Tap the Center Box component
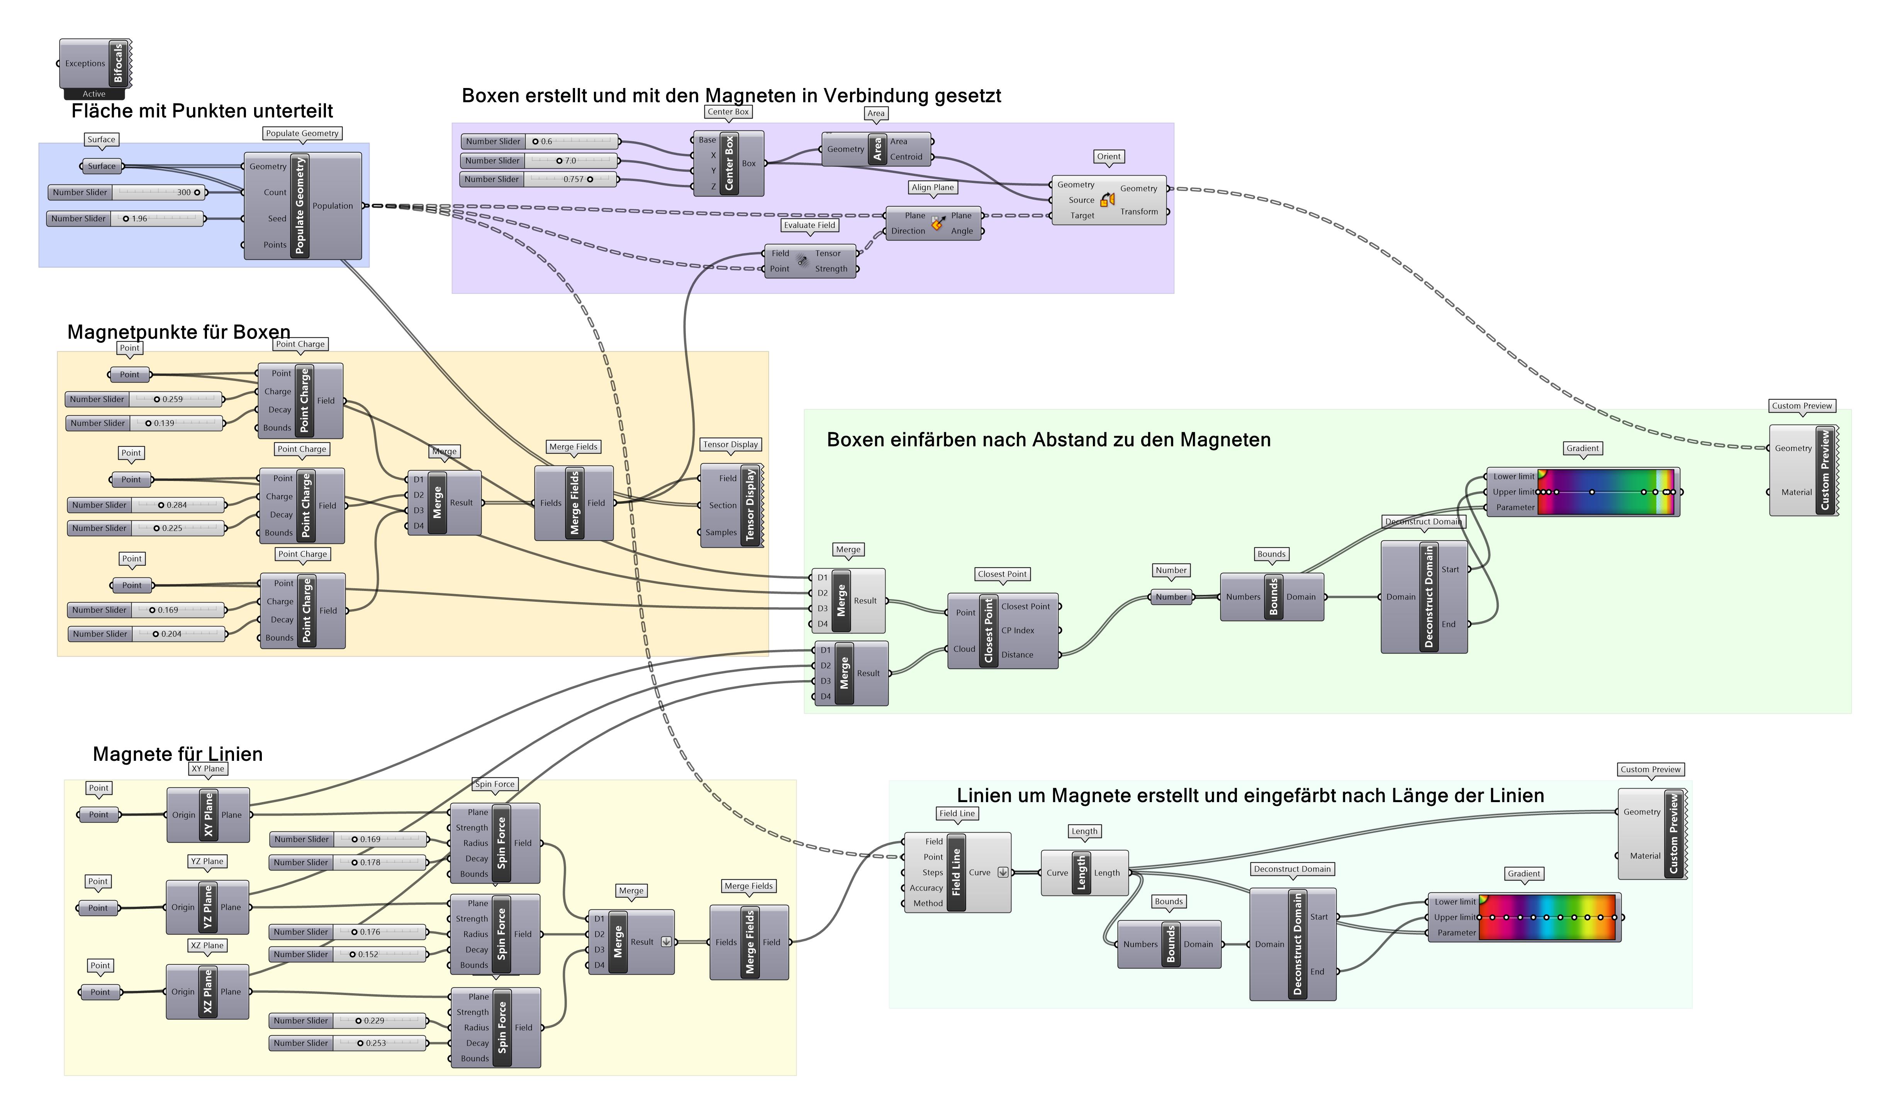point(728,163)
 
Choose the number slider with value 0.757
point(538,179)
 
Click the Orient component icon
point(1108,200)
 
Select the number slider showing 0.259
point(144,400)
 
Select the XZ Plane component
point(207,992)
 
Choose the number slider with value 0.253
point(347,1043)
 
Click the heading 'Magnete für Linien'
point(178,754)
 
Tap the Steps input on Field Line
point(933,872)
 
